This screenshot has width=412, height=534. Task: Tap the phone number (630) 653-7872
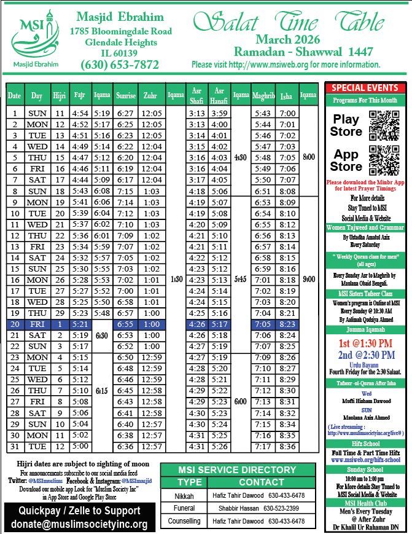pyautogui.click(x=120, y=65)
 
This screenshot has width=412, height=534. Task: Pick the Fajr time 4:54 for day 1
pyautogui.click(x=80, y=113)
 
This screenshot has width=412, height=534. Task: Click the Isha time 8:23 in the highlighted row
pyautogui.click(x=287, y=324)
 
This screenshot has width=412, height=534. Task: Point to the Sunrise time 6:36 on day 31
pyautogui.click(x=125, y=446)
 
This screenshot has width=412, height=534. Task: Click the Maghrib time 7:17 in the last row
pyautogui.click(x=263, y=446)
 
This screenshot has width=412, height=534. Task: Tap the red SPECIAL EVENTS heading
pyautogui.click(x=365, y=88)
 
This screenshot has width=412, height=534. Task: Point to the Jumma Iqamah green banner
pyautogui.click(x=365, y=329)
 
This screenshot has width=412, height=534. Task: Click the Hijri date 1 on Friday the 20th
pyautogui.click(x=59, y=324)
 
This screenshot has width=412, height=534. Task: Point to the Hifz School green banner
pyautogui.click(x=365, y=442)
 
